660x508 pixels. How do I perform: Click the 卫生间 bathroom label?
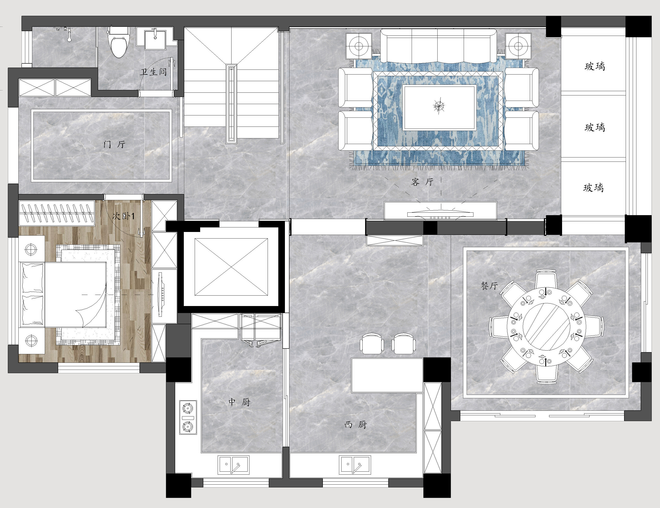pos(153,72)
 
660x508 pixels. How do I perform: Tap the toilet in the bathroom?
pos(118,42)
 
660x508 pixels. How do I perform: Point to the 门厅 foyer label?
pos(114,144)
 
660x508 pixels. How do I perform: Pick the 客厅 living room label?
pos(423,182)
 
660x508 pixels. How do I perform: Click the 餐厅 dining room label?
pos(489,286)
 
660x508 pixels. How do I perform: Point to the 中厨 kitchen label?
pos(239,402)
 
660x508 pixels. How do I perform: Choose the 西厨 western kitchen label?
pos(356,425)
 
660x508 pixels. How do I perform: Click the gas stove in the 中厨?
pos(188,418)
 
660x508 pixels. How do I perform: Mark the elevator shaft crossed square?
pos(231,267)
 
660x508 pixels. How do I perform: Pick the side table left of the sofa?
pos(359,46)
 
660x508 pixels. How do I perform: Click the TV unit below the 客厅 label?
pos(441,211)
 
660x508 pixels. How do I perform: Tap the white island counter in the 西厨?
pos(387,375)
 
